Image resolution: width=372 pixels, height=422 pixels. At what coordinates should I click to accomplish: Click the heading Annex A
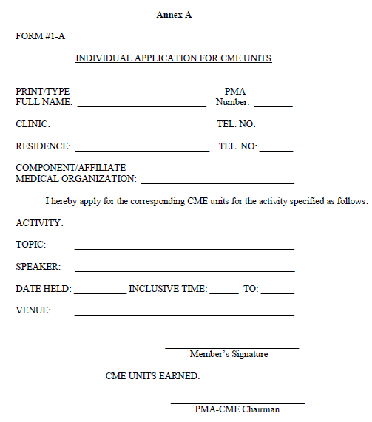pyautogui.click(x=174, y=15)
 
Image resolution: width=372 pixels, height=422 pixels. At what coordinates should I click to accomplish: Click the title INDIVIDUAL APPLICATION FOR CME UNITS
pyautogui.click(x=174, y=58)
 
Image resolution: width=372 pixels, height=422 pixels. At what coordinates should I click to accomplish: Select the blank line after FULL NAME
pyautogui.click(x=141, y=105)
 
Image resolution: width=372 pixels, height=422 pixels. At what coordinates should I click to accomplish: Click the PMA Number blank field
pyautogui.click(x=273, y=105)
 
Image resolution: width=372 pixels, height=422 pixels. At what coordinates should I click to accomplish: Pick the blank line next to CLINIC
pyautogui.click(x=131, y=127)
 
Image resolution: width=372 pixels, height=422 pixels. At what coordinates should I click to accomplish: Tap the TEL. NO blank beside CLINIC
pyautogui.click(x=274, y=127)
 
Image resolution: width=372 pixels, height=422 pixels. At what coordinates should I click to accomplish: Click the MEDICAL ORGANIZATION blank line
pyautogui.click(x=217, y=181)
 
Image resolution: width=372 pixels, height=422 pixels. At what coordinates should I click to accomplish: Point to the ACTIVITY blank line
pyautogui.click(x=184, y=226)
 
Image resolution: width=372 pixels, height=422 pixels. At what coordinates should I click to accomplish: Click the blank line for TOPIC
pyautogui.click(x=184, y=248)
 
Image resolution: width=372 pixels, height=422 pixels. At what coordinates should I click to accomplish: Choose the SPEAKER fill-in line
pyautogui.click(x=184, y=270)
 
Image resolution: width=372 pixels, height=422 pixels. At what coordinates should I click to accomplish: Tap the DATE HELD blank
pyautogui.click(x=100, y=292)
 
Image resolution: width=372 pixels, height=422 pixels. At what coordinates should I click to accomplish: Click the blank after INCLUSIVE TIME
pyautogui.click(x=224, y=292)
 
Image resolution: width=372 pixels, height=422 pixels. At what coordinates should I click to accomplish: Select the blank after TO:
pyautogui.click(x=277, y=292)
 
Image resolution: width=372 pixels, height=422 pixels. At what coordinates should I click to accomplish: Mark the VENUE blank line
pyautogui.click(x=184, y=313)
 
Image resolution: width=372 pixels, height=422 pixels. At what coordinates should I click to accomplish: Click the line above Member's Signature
pyautogui.click(x=231, y=347)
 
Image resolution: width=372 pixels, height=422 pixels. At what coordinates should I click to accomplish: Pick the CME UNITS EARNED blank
pyautogui.click(x=231, y=379)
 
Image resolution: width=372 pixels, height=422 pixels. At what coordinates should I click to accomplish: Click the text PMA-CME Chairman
pyautogui.click(x=237, y=409)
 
